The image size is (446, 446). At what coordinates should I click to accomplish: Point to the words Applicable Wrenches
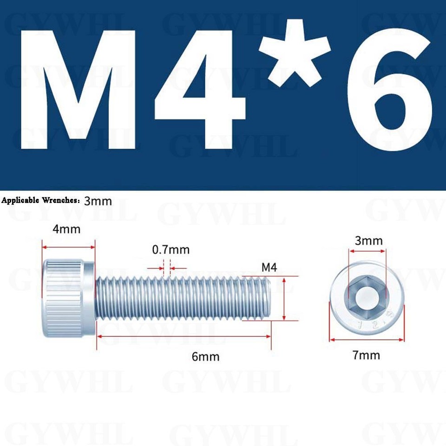(x=41, y=201)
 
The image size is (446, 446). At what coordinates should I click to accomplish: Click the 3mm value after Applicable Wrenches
(x=98, y=201)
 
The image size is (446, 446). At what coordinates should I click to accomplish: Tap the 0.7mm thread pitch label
(x=171, y=250)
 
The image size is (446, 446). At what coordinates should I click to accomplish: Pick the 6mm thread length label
(x=205, y=357)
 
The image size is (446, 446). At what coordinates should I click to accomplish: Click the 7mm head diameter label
(x=366, y=355)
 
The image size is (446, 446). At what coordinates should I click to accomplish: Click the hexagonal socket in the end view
(x=367, y=297)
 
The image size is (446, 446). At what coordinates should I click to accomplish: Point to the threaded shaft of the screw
(x=181, y=297)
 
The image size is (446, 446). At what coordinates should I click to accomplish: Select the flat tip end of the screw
(x=269, y=297)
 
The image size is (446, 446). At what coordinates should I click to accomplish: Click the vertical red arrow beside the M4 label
(x=283, y=298)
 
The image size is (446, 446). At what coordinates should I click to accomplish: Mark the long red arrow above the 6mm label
(x=184, y=336)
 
